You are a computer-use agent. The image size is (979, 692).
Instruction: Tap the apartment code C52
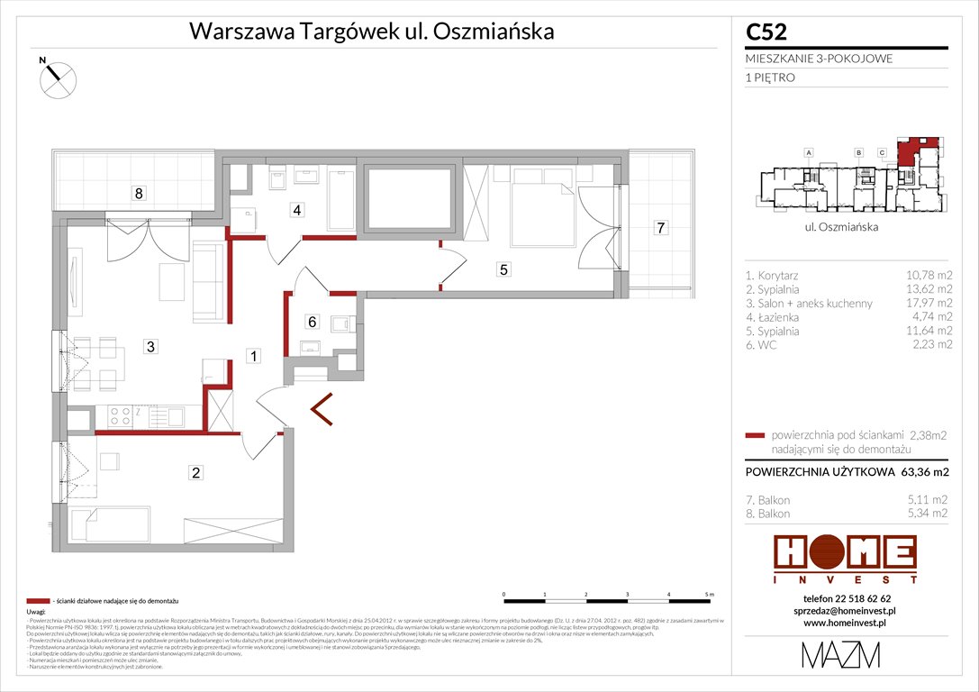point(766,32)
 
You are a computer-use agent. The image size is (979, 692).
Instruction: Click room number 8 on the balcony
point(138,192)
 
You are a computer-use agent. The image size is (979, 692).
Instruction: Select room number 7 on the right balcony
point(660,228)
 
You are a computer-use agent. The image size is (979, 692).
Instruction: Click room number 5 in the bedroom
point(503,268)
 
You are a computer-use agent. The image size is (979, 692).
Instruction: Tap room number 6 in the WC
point(312,321)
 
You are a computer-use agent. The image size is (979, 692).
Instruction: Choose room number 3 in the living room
point(152,345)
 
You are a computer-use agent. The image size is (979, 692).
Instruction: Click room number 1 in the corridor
point(254,357)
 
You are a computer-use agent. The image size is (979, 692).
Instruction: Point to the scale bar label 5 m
point(710,595)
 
